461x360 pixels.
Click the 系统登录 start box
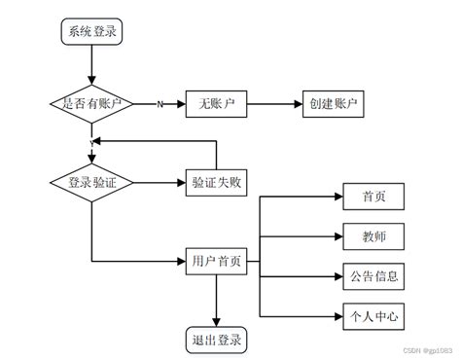(91, 30)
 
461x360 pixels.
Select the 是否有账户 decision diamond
(91, 103)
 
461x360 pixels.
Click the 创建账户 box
(335, 103)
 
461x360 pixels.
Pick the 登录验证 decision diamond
(91, 181)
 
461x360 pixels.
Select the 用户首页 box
(215, 261)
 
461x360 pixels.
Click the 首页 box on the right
(369, 196)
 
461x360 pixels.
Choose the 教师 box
(369, 235)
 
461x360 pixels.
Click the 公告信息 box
(369, 276)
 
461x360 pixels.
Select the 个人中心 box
(369, 316)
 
